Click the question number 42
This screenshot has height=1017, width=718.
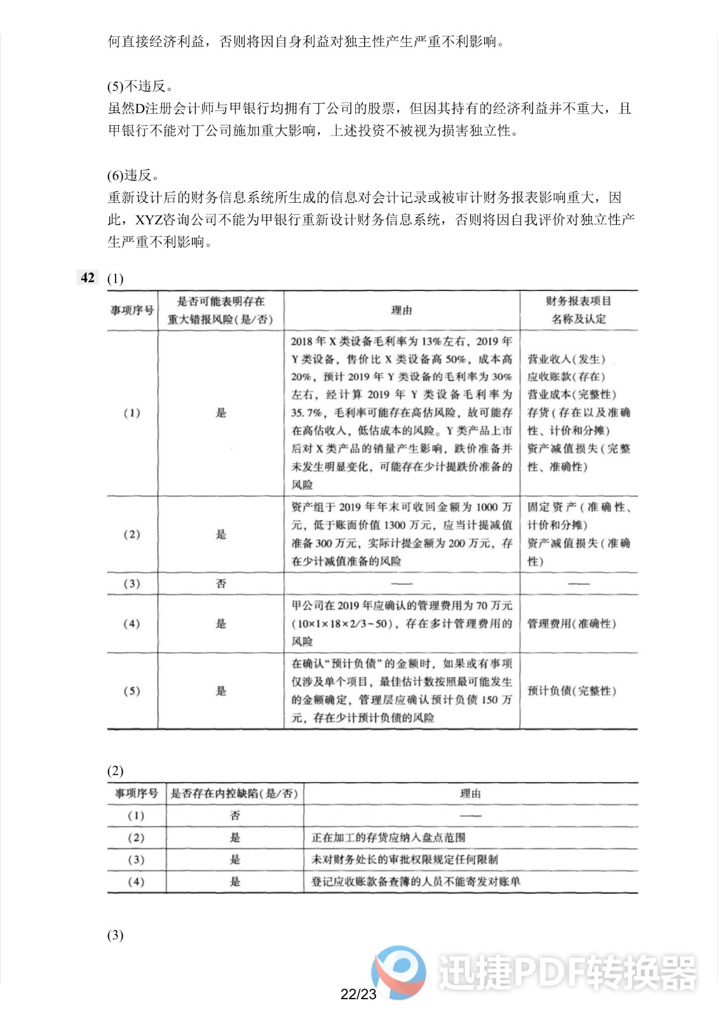click(88, 278)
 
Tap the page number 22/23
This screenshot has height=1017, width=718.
click(358, 994)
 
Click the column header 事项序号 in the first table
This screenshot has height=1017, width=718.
click(132, 310)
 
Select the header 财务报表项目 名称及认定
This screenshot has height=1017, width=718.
click(578, 310)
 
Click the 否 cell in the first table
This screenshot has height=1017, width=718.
click(220, 584)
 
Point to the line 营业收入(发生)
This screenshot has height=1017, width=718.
click(567, 359)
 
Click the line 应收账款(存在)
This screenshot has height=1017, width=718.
click(567, 377)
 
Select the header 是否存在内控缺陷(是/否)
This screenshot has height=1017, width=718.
click(234, 793)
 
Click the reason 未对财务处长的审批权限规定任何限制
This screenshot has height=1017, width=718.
click(405, 859)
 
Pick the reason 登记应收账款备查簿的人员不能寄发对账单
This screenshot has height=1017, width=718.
click(416, 882)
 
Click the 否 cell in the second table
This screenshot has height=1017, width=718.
click(234, 816)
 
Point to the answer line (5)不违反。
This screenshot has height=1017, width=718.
click(140, 86)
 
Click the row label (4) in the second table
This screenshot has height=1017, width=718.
click(136, 882)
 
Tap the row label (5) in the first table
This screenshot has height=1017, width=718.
click(132, 691)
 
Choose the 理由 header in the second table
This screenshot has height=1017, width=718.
click(470, 793)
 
